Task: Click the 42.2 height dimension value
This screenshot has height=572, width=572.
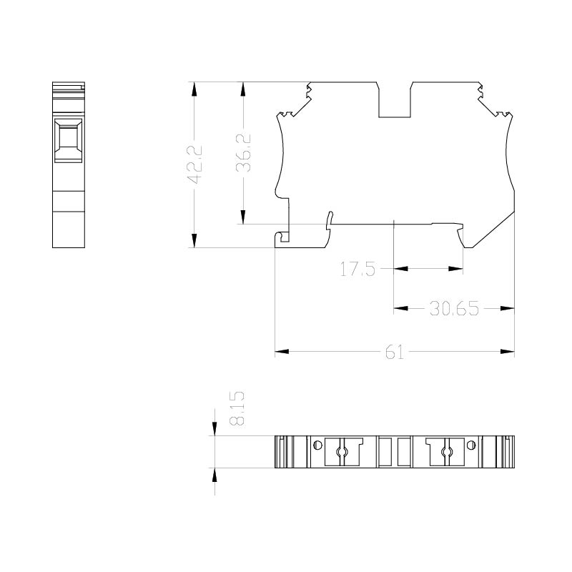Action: tap(194, 164)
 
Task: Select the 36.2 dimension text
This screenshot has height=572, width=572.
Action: tap(243, 152)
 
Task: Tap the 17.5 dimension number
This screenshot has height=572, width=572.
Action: tap(357, 270)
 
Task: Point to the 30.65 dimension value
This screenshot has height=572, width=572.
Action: tap(454, 309)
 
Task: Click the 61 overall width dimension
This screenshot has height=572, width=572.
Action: tap(395, 352)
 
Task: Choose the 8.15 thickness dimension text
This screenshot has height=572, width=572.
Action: tap(237, 408)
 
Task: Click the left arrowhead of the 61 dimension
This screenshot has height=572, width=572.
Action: tap(282, 352)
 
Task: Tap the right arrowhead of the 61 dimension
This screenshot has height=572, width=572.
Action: tap(507, 352)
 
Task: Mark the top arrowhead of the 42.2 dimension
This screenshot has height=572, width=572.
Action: tap(194, 89)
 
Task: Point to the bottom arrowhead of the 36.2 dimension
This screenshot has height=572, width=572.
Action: tap(243, 217)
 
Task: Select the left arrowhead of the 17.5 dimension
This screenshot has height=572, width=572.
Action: tap(401, 269)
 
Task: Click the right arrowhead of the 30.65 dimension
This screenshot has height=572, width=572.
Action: tap(507, 309)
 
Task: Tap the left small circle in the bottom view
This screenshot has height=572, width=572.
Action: tap(317, 445)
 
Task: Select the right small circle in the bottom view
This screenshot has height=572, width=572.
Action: tap(471, 445)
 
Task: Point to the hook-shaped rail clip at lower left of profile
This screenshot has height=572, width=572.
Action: tap(282, 237)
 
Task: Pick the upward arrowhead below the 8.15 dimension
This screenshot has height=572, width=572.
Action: tap(214, 475)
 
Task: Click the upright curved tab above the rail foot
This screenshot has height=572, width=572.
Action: tap(329, 220)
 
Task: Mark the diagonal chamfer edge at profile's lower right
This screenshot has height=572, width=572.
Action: tap(493, 230)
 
